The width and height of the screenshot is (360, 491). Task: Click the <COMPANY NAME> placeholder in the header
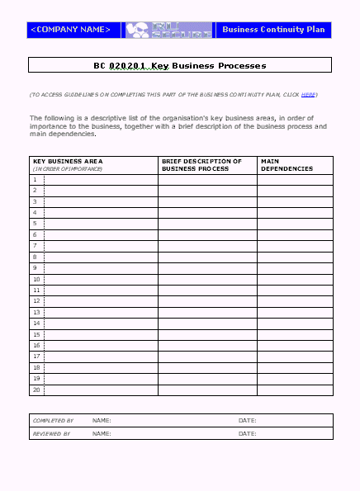pyautogui.click(x=70, y=30)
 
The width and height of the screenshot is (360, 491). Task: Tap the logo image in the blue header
pyautogui.click(x=168, y=30)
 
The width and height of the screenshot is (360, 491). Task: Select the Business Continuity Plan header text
pyautogui.click(x=273, y=30)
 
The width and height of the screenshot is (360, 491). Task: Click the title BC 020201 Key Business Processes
pyautogui.click(x=179, y=65)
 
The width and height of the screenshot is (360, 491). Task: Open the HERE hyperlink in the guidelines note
pyautogui.click(x=308, y=95)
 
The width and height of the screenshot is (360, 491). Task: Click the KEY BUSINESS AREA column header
pyautogui.click(x=68, y=161)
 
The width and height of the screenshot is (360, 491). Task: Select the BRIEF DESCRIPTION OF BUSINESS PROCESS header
pyautogui.click(x=201, y=165)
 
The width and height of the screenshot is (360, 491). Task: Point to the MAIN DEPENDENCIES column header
pyautogui.click(x=287, y=165)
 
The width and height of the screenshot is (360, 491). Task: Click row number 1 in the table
pyautogui.click(x=36, y=179)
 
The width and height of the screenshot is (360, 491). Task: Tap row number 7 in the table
pyautogui.click(x=36, y=246)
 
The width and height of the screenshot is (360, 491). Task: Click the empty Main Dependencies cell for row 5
pyautogui.click(x=295, y=224)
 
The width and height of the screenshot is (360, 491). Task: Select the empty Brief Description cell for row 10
pyautogui.click(x=207, y=279)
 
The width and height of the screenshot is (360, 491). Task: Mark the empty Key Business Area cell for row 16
pyautogui.click(x=100, y=346)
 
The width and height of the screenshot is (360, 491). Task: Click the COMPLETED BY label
pyautogui.click(x=53, y=421)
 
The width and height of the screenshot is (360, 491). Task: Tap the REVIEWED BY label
pyautogui.click(x=51, y=433)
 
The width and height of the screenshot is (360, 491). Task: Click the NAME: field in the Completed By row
pyautogui.click(x=102, y=421)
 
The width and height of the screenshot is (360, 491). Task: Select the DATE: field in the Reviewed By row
pyautogui.click(x=248, y=433)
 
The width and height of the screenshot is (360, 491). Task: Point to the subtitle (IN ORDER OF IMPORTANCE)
pyautogui.click(x=68, y=169)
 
